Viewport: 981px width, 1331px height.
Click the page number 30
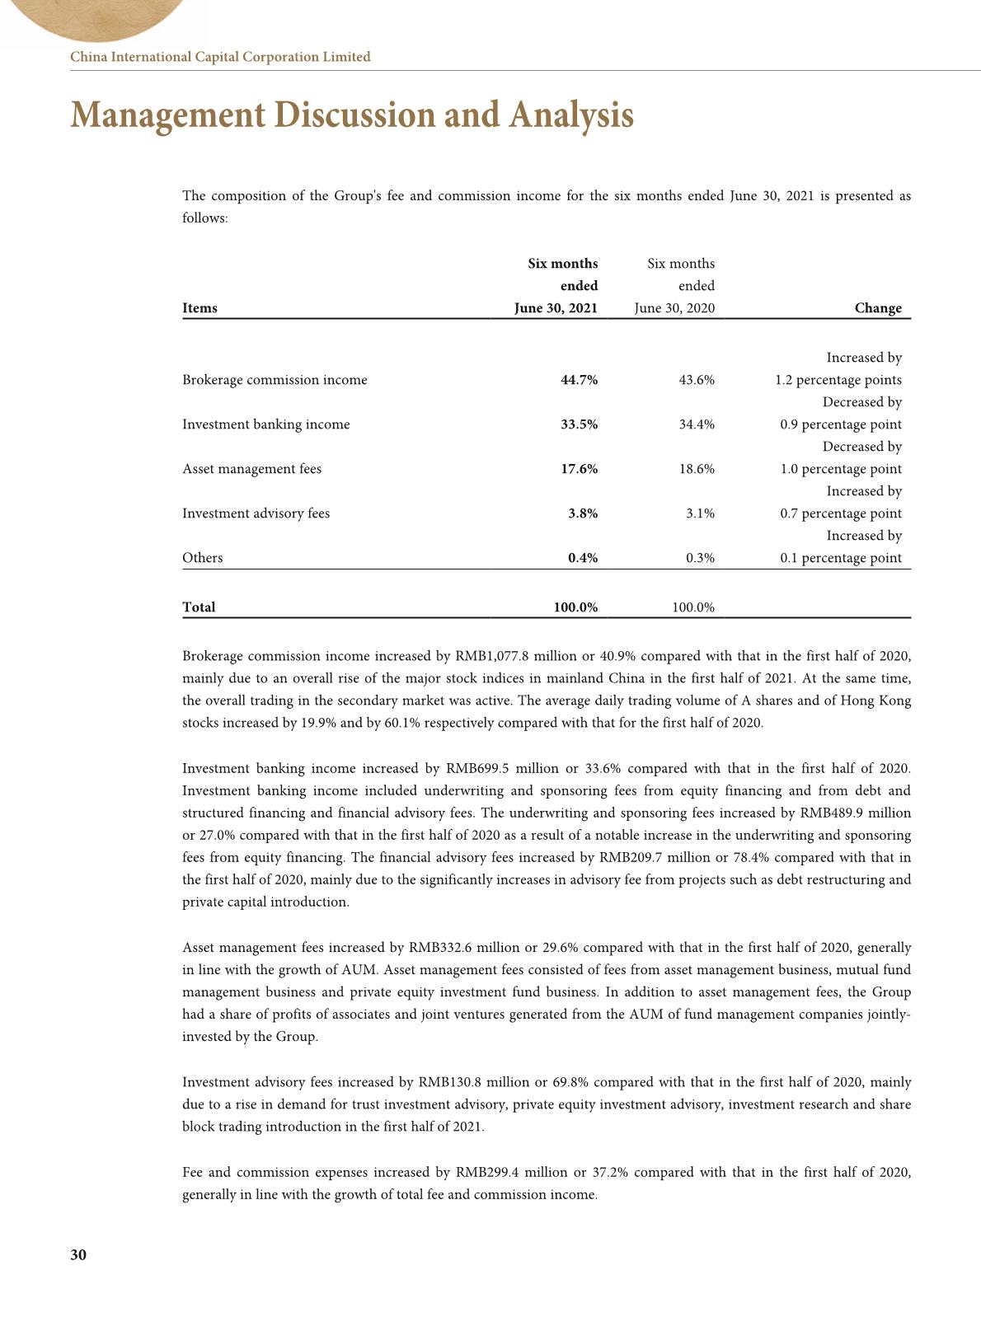[x=78, y=1255]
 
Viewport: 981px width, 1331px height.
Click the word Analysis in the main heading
[x=571, y=115]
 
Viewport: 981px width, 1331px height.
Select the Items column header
[x=199, y=308]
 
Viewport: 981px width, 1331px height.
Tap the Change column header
[x=877, y=308]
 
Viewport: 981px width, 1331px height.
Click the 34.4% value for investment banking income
[x=697, y=424]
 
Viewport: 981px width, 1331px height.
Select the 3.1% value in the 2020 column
[x=700, y=513]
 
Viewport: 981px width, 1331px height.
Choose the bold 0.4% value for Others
[x=583, y=558]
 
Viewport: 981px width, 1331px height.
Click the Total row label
[x=199, y=607]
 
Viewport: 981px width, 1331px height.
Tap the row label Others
[x=202, y=558]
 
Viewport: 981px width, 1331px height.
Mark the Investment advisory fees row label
[x=256, y=513]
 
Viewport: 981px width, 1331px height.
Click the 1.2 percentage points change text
[x=838, y=380]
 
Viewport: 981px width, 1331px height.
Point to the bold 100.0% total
[x=575, y=607]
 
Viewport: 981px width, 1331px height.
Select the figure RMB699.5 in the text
[x=476, y=769]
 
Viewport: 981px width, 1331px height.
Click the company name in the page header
[x=220, y=57]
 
